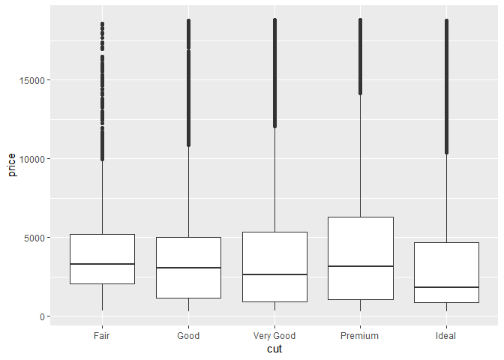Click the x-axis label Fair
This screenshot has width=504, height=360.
[102, 336]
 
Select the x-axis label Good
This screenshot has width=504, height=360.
[188, 336]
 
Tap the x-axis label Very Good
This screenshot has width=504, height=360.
[274, 336]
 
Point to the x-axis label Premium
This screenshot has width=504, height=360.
[360, 336]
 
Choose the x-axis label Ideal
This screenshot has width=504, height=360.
[446, 336]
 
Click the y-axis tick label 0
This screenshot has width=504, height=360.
[42, 316]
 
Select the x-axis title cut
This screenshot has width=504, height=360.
[274, 349]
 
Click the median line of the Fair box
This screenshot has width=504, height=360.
[102, 264]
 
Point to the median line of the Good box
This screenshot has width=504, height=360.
[188, 268]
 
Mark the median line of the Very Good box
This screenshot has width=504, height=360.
[274, 274]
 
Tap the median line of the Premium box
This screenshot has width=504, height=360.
[360, 266]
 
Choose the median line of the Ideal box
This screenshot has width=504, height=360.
[446, 287]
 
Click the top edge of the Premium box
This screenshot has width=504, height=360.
[360, 217]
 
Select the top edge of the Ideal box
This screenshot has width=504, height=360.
[446, 242]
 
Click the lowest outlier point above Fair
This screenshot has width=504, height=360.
[102, 159]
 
